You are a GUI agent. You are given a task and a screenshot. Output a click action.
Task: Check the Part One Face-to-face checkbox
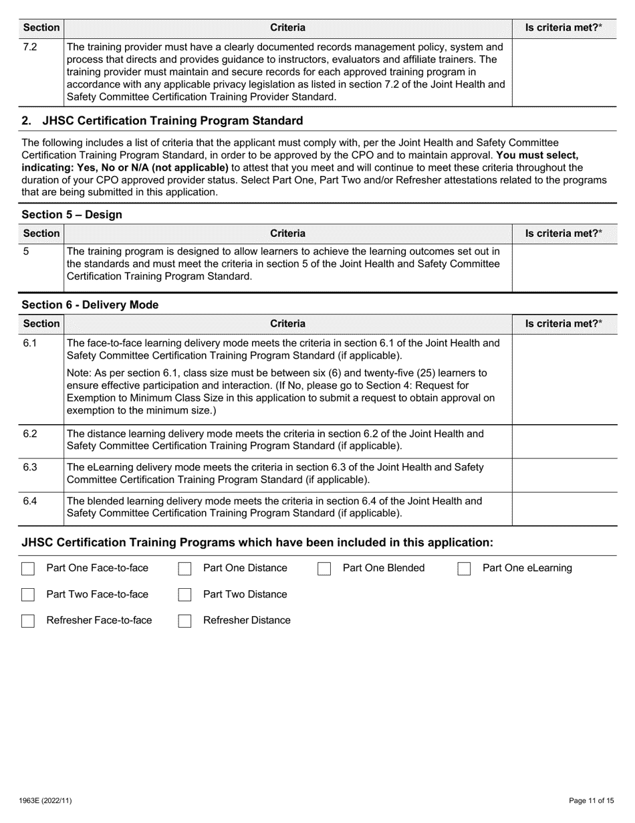coord(28,569)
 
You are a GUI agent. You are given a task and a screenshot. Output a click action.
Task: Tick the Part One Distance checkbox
coord(185,569)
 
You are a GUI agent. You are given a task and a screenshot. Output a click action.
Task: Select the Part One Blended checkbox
coord(325,569)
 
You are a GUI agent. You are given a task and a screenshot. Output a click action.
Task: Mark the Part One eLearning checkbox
coord(465,569)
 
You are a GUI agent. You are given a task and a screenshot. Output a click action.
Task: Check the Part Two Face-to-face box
coord(28,595)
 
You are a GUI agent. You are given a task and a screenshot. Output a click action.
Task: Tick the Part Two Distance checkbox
coord(185,595)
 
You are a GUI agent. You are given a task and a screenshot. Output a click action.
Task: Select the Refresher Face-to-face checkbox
coord(28,621)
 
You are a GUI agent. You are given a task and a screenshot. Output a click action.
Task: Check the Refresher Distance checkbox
coord(185,621)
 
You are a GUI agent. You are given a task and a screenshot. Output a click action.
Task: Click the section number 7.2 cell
coord(30,48)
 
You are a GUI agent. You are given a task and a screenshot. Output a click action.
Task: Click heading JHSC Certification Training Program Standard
coord(172,121)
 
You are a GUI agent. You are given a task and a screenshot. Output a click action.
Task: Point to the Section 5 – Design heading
coord(72,215)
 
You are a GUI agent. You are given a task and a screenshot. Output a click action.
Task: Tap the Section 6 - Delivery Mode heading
coord(90,305)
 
